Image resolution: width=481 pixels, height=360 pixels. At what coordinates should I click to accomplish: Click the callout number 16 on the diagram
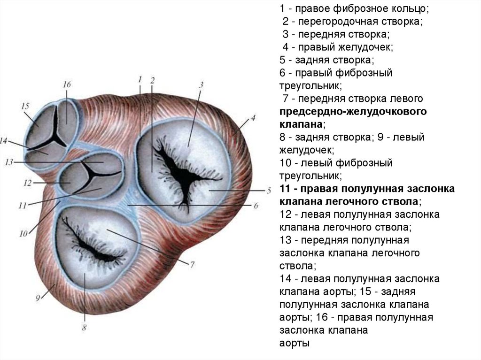[66, 85]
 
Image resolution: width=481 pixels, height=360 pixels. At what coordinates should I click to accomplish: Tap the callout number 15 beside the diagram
[25, 107]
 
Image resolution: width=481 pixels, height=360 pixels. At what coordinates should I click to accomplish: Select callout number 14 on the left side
[4, 140]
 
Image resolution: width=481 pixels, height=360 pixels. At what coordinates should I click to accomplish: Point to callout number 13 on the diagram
[9, 162]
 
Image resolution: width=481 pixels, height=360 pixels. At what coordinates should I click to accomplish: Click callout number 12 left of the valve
[27, 183]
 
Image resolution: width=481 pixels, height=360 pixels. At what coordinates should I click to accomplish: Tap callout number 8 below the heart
[84, 328]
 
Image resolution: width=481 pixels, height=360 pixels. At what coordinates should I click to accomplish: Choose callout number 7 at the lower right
[192, 264]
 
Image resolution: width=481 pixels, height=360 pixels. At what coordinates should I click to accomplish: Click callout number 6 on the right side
[256, 205]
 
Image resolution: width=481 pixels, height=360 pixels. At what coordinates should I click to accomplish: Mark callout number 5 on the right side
[269, 191]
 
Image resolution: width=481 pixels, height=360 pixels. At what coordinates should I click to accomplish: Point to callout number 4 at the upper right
[253, 118]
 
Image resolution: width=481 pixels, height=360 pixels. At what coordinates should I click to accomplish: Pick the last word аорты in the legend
[295, 343]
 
